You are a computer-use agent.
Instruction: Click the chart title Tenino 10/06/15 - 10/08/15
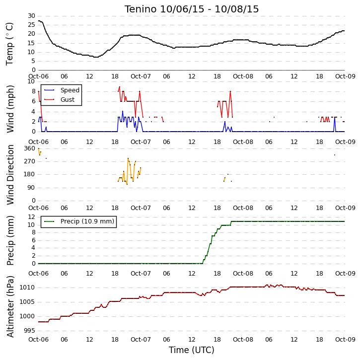(x=192, y=9)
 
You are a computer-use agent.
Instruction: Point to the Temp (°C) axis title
(x=9, y=44)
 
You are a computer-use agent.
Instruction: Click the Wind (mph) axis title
(x=10, y=109)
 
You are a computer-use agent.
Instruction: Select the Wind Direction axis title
(x=10, y=174)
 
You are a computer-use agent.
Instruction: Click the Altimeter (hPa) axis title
(x=10, y=306)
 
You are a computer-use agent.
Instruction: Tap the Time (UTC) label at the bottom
(x=192, y=350)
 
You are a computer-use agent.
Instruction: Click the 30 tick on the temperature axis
(x=31, y=16)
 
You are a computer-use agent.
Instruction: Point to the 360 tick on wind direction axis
(x=30, y=148)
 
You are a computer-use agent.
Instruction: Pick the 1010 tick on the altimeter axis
(x=27, y=288)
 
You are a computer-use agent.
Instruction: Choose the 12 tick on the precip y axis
(x=31, y=216)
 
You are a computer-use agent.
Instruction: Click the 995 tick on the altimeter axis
(x=30, y=331)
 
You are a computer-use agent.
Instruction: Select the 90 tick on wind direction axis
(x=31, y=188)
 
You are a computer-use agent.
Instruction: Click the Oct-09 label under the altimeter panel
(x=345, y=339)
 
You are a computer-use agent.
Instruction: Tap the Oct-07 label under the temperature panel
(x=141, y=76)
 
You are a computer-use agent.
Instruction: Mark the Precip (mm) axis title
(x=10, y=240)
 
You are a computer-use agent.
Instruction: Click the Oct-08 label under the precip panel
(x=243, y=274)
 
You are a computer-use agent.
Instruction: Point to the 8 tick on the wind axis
(x=34, y=91)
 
